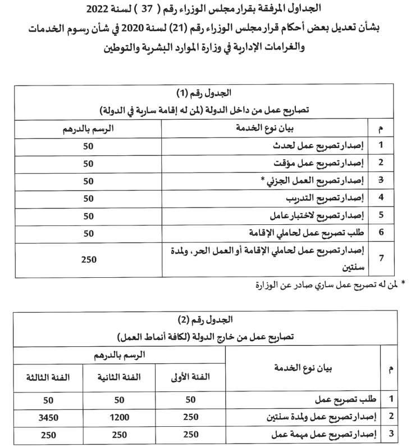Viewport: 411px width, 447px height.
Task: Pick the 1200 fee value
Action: point(118,417)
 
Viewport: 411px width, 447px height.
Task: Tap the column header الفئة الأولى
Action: point(189,377)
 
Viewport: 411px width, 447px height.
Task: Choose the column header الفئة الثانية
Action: point(118,377)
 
